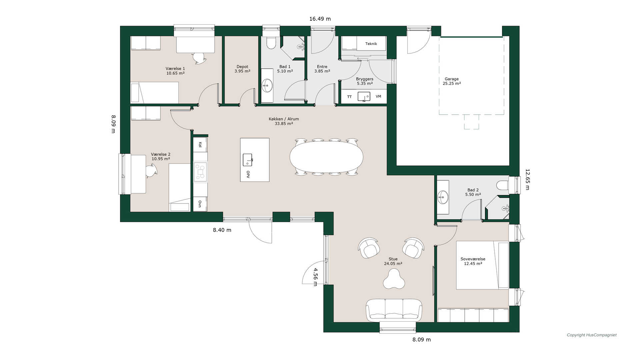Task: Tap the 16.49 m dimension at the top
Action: [x=320, y=19]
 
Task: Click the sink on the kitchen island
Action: [x=247, y=160]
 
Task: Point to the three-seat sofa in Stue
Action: [x=394, y=310]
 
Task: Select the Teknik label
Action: [x=371, y=44]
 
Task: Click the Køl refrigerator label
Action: [x=200, y=145]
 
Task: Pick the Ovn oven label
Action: [x=200, y=204]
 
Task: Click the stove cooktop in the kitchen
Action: [x=200, y=172]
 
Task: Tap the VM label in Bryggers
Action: [x=378, y=97]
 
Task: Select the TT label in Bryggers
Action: [x=349, y=97]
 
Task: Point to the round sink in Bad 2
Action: [x=443, y=197]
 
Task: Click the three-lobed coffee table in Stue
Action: [x=394, y=279]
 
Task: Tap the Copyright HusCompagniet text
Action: [x=592, y=335]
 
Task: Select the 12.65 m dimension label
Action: [x=527, y=179]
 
